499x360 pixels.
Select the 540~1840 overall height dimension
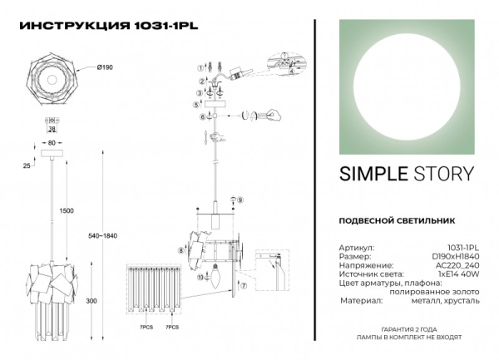click(103, 236)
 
